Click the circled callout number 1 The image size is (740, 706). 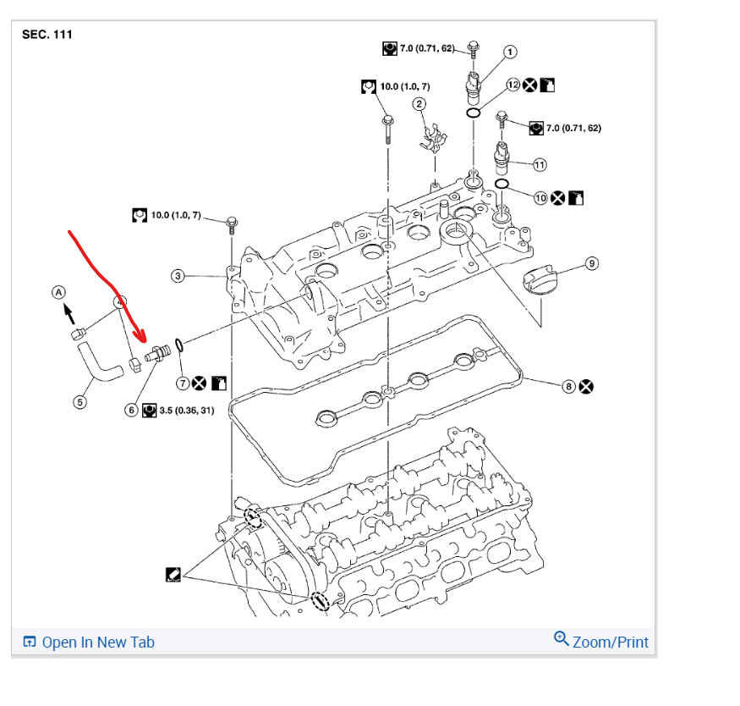[510, 52]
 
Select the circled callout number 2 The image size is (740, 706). [419, 104]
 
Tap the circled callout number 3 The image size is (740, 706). [178, 275]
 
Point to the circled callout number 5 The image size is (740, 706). [80, 402]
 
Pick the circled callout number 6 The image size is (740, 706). [131, 410]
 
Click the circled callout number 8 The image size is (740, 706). [569, 386]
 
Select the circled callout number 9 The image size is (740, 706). [591, 263]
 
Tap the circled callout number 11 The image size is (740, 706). [540, 163]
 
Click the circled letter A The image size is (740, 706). [58, 292]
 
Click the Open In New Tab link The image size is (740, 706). [89, 642]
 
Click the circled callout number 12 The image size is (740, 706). [513, 85]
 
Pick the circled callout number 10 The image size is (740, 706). [540, 197]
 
